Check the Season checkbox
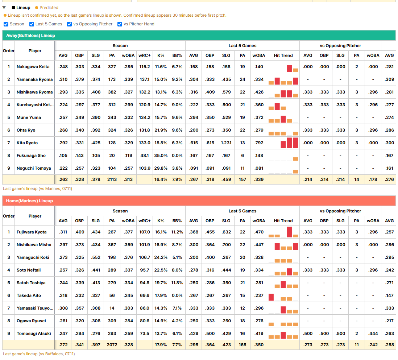pyautogui.click(x=6, y=24)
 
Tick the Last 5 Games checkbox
pyautogui.click(x=32, y=24)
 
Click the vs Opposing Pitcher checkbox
pyautogui.click(x=69, y=24)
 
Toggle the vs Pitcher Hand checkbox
pyautogui.click(x=120, y=24)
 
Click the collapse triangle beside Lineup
pyautogui.click(x=4, y=8)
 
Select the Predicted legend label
pyautogui.click(x=49, y=8)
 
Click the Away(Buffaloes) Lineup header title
pyautogui.click(x=30, y=36)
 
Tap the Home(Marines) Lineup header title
pyautogui.click(x=29, y=201)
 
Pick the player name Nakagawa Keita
pyautogui.click(x=33, y=67)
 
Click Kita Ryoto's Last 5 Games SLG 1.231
pyautogui.click(x=226, y=143)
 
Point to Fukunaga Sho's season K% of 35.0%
pyautogui.click(x=161, y=156)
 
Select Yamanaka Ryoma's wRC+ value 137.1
pyautogui.click(x=145, y=79)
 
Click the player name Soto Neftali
pyautogui.click(x=29, y=270)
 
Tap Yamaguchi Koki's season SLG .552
pyautogui.click(x=96, y=257)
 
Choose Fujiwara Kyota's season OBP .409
pyautogui.click(x=79, y=232)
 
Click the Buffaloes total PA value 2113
pyautogui.click(x=112, y=179)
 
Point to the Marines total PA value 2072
pyautogui.click(x=112, y=345)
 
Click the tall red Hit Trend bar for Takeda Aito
pyautogui.click(x=271, y=297)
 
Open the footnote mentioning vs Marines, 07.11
pyautogui.click(x=38, y=189)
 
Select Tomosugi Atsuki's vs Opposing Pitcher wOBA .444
pyautogui.click(x=373, y=334)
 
